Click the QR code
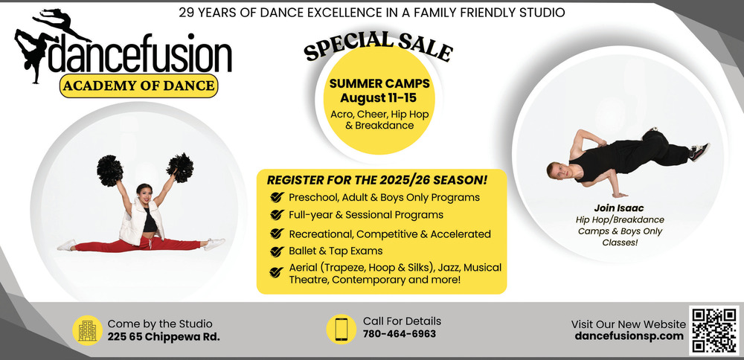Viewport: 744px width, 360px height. tap(713, 330)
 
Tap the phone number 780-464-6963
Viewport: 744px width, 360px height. tap(399, 334)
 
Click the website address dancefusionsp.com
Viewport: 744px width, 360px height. tap(629, 336)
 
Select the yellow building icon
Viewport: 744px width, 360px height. tap(87, 330)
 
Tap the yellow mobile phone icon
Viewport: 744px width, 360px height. tap(341, 330)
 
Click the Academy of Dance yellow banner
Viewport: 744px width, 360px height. tap(138, 86)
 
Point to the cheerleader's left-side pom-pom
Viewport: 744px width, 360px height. tap(109, 170)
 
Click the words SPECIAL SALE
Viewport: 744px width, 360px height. tap(378, 47)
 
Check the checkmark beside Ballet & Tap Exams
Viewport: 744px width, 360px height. tap(276, 251)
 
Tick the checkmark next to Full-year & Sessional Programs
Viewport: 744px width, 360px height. tap(276, 215)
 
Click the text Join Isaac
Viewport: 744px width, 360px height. tap(619, 208)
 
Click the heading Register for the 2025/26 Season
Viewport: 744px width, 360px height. tap(377, 180)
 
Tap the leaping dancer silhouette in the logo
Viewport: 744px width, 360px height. tap(59, 22)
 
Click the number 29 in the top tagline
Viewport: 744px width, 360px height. tap(185, 13)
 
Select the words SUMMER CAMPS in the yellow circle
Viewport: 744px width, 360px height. tap(379, 84)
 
